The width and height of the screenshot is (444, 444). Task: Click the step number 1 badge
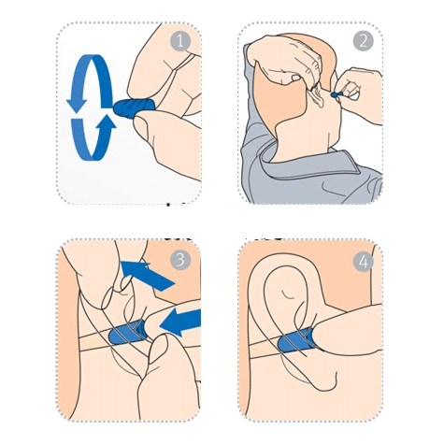point(180,41)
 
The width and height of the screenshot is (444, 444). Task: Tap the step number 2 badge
point(364,41)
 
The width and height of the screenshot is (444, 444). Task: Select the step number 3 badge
point(180,260)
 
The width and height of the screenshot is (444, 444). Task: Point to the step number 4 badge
point(364,261)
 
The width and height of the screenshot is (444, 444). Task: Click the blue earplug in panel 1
point(134,107)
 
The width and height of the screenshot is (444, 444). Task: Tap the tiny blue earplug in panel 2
point(337,93)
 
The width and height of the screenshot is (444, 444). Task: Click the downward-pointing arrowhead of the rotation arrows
point(77,106)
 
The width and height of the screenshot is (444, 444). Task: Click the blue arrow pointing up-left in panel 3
point(147,275)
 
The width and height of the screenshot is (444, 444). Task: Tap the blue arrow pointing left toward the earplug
point(180,322)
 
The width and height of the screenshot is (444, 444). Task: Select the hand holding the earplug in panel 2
point(358,93)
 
